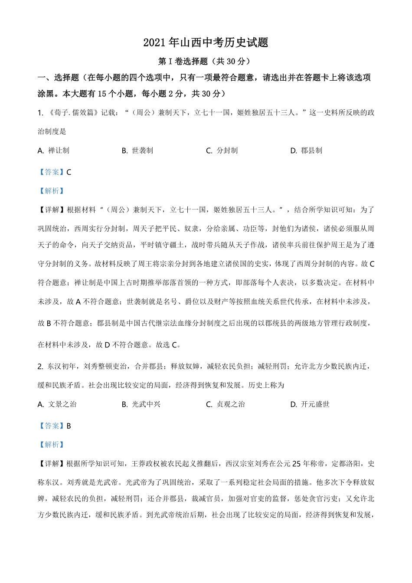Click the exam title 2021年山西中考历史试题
click(x=206, y=43)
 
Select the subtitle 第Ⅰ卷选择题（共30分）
click(x=206, y=62)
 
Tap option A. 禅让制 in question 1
click(x=53, y=151)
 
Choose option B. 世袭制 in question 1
click(x=137, y=151)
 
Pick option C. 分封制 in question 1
click(x=222, y=151)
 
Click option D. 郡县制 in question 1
click(x=306, y=151)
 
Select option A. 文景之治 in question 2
click(x=57, y=404)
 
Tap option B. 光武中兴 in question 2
click(x=141, y=404)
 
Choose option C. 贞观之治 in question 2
click(x=226, y=404)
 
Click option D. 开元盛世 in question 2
click(x=310, y=404)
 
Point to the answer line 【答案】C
click(x=55, y=172)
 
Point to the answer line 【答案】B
click(x=55, y=426)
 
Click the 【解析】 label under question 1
click(x=52, y=191)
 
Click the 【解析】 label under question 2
click(x=52, y=445)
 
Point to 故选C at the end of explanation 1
click(x=167, y=345)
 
